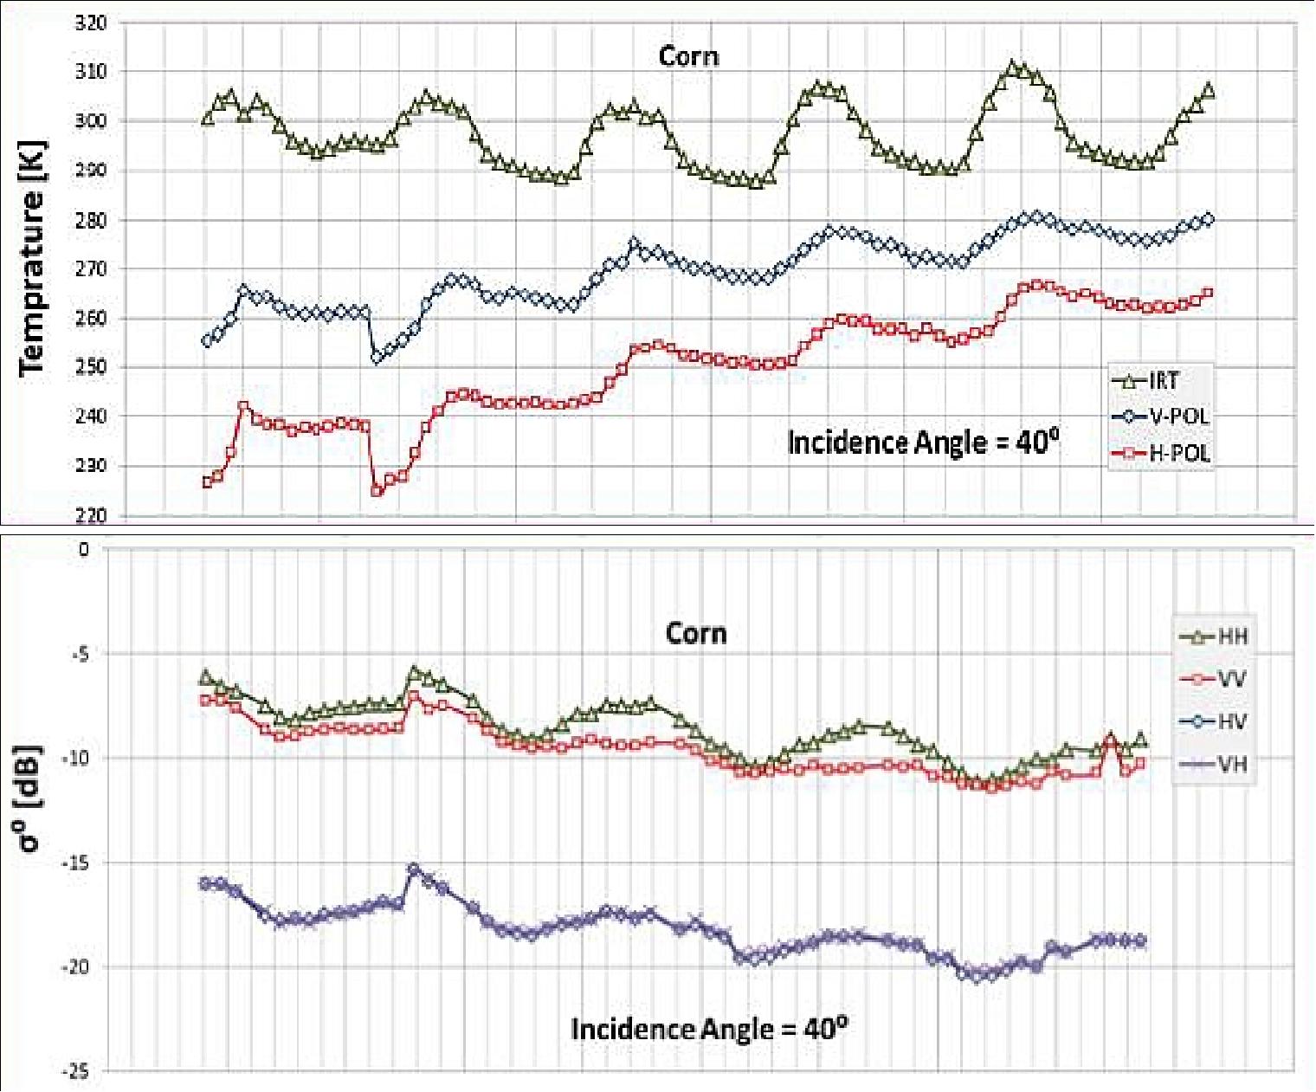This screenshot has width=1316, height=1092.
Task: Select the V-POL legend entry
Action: tap(1160, 417)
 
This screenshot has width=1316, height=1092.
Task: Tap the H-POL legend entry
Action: tap(1160, 453)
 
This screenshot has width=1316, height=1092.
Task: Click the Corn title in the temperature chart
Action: tap(688, 56)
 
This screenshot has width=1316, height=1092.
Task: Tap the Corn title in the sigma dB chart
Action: tap(695, 633)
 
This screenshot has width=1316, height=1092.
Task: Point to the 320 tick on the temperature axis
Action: tap(90, 23)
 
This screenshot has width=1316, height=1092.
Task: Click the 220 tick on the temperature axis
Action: tap(90, 516)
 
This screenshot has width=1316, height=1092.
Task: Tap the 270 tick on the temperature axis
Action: tap(90, 269)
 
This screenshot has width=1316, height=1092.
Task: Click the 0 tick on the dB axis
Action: tap(83, 549)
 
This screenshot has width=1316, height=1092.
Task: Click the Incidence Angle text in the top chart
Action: tap(923, 443)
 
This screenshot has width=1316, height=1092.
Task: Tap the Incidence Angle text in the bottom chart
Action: tap(709, 1029)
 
